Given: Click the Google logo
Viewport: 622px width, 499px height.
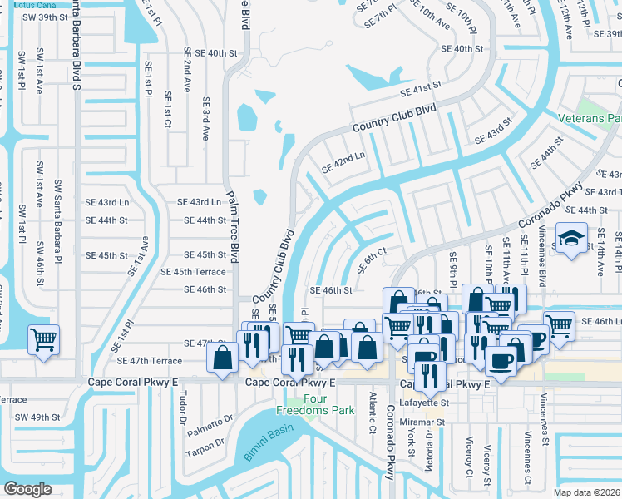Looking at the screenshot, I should [27, 489].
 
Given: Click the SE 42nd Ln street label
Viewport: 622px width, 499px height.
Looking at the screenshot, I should [343, 161].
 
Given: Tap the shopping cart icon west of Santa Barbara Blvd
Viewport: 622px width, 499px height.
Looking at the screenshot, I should [43, 338].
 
